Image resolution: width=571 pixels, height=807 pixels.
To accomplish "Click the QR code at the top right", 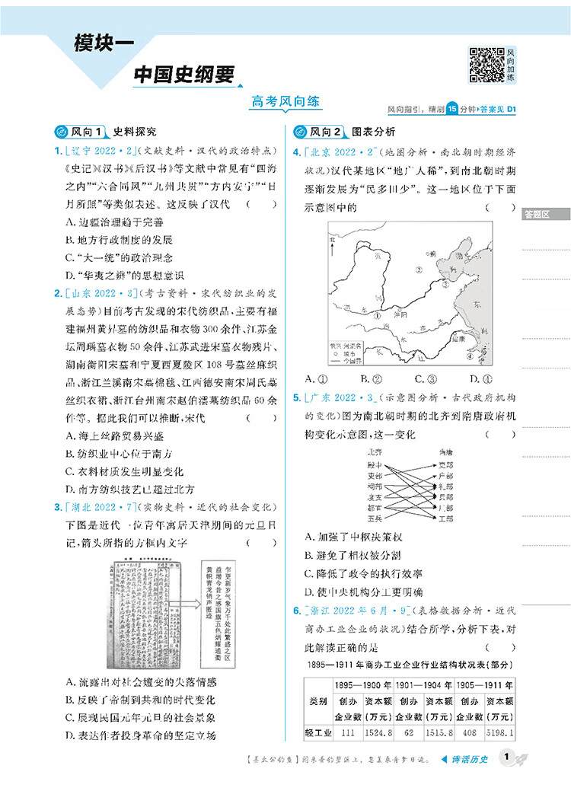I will coord(486,65).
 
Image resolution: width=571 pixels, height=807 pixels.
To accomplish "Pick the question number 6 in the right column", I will coord(296,611).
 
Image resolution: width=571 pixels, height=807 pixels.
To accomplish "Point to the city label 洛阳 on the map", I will coord(408,314).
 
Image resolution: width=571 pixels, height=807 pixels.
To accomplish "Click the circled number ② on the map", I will coord(417,270).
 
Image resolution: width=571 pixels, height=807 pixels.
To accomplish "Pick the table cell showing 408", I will coord(469,733).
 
